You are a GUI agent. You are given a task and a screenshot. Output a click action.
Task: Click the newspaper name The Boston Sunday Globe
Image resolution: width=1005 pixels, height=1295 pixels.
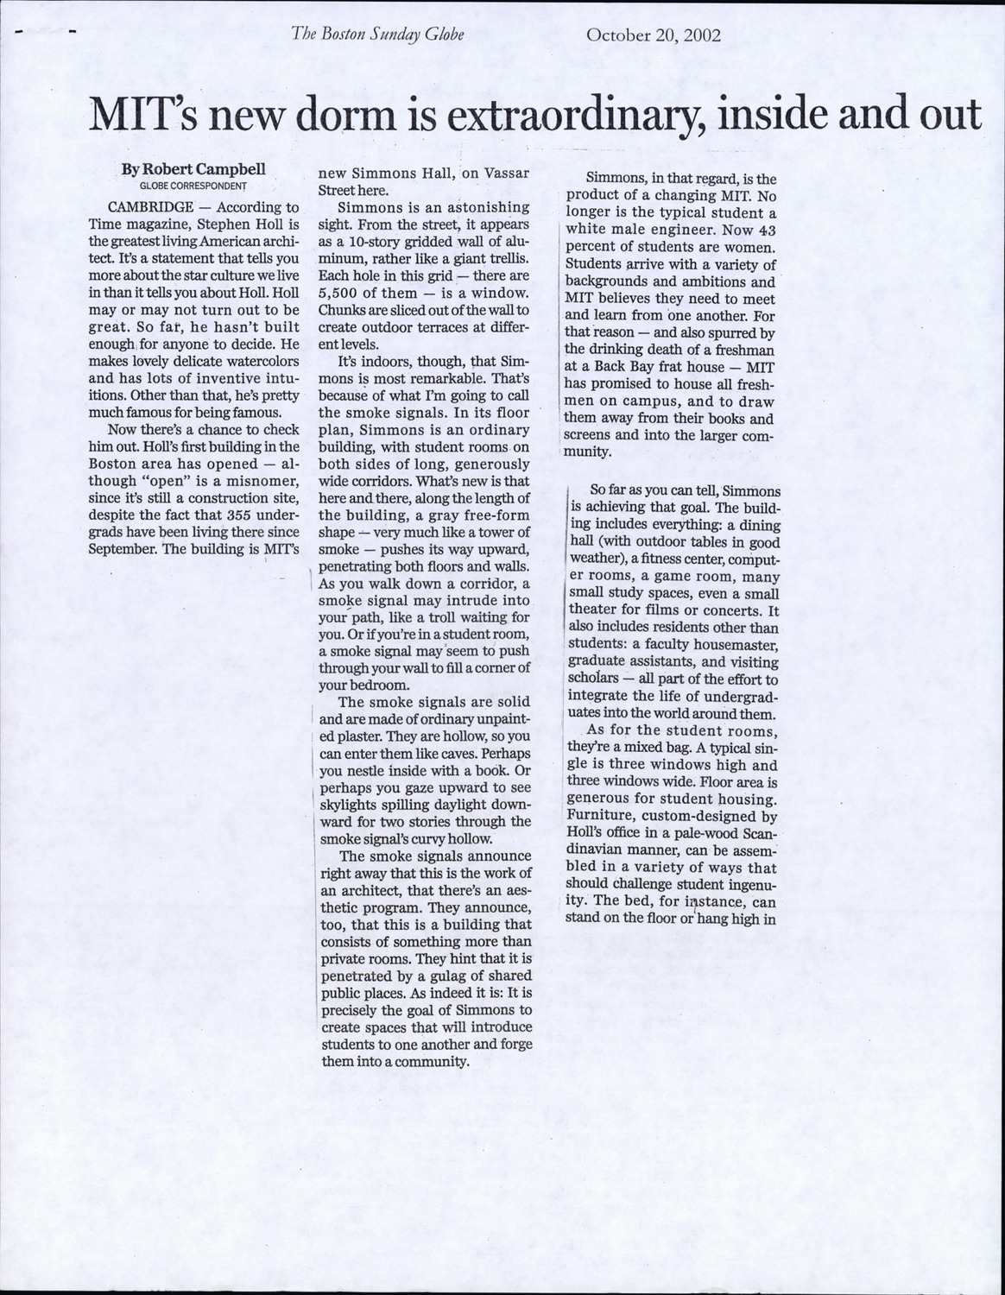(379, 35)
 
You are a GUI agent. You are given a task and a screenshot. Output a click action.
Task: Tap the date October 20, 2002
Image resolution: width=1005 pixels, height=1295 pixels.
(654, 35)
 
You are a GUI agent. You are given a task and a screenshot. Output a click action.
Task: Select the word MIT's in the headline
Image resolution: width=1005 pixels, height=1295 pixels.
(143, 116)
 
